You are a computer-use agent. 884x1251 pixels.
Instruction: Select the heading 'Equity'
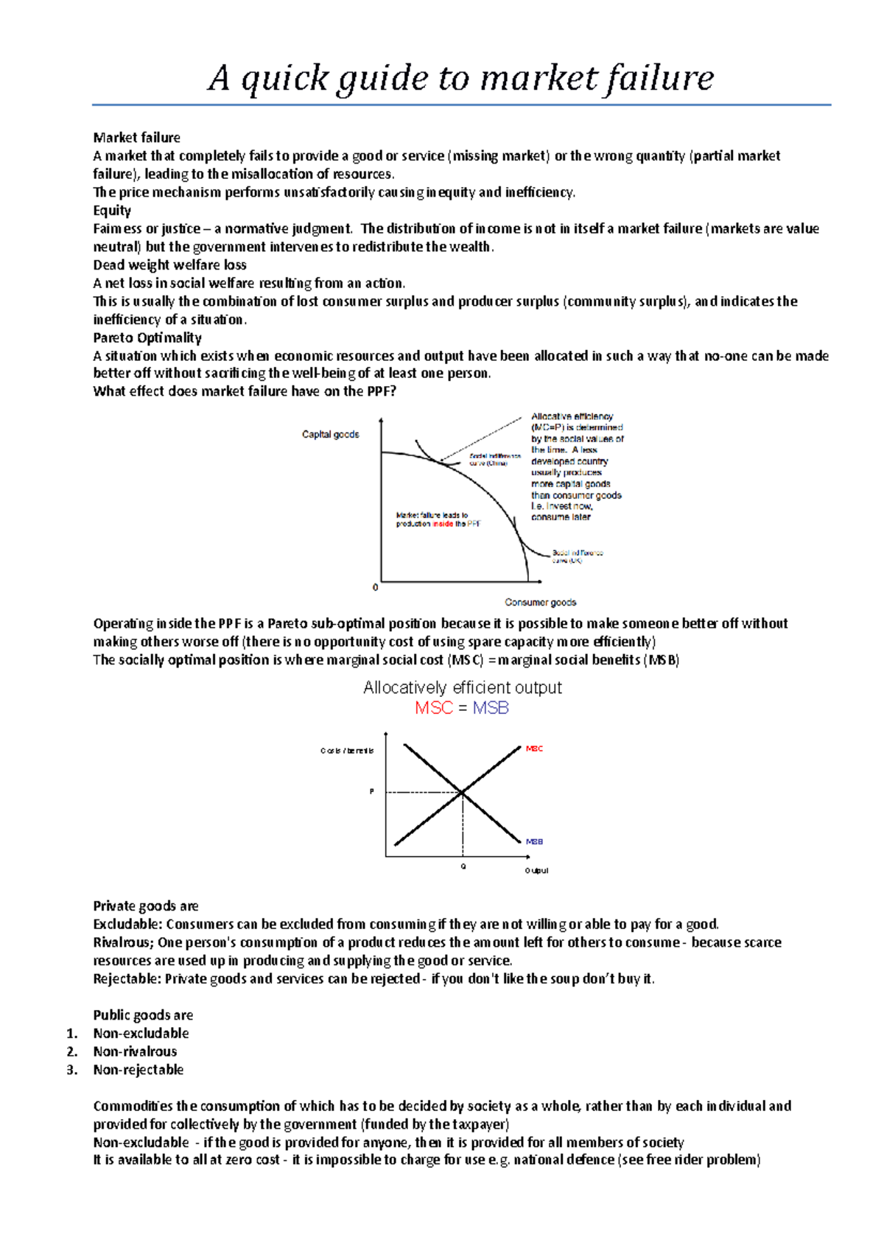(112, 210)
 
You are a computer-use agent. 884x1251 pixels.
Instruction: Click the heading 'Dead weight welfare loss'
(169, 264)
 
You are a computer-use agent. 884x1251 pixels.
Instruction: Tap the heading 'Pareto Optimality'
(147, 337)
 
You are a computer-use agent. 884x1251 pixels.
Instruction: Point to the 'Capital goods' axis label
(331, 434)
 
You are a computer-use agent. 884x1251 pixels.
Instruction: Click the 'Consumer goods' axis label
(540, 602)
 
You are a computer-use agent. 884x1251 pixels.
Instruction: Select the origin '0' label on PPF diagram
(376, 587)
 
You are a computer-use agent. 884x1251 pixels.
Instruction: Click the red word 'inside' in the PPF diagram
(443, 524)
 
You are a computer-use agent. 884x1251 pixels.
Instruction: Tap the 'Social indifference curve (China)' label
(494, 460)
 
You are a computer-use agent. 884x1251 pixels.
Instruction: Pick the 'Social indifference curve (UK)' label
(577, 556)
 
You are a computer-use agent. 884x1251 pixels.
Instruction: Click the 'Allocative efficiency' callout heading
(572, 416)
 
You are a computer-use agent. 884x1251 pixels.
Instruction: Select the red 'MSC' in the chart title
(433, 708)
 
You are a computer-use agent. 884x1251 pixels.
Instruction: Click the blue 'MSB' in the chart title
(491, 708)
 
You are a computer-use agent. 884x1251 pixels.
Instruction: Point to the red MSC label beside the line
(534, 749)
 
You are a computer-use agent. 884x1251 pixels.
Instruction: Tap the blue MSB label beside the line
(534, 841)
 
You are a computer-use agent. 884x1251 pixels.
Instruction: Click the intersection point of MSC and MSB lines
(463, 793)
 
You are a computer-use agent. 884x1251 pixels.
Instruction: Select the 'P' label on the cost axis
(372, 792)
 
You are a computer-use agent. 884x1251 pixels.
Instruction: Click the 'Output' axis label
(536, 871)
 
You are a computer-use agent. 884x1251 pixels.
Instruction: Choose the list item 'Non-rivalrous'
(135, 1051)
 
